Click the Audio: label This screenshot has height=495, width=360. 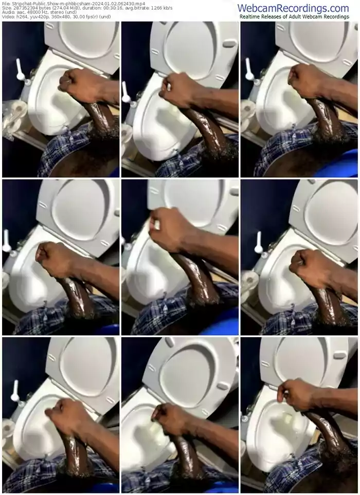[x=8, y=12]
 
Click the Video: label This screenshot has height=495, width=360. [x=8, y=16]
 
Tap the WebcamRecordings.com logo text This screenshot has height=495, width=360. [x=293, y=8]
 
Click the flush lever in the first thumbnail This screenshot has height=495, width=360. [x=20, y=71]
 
